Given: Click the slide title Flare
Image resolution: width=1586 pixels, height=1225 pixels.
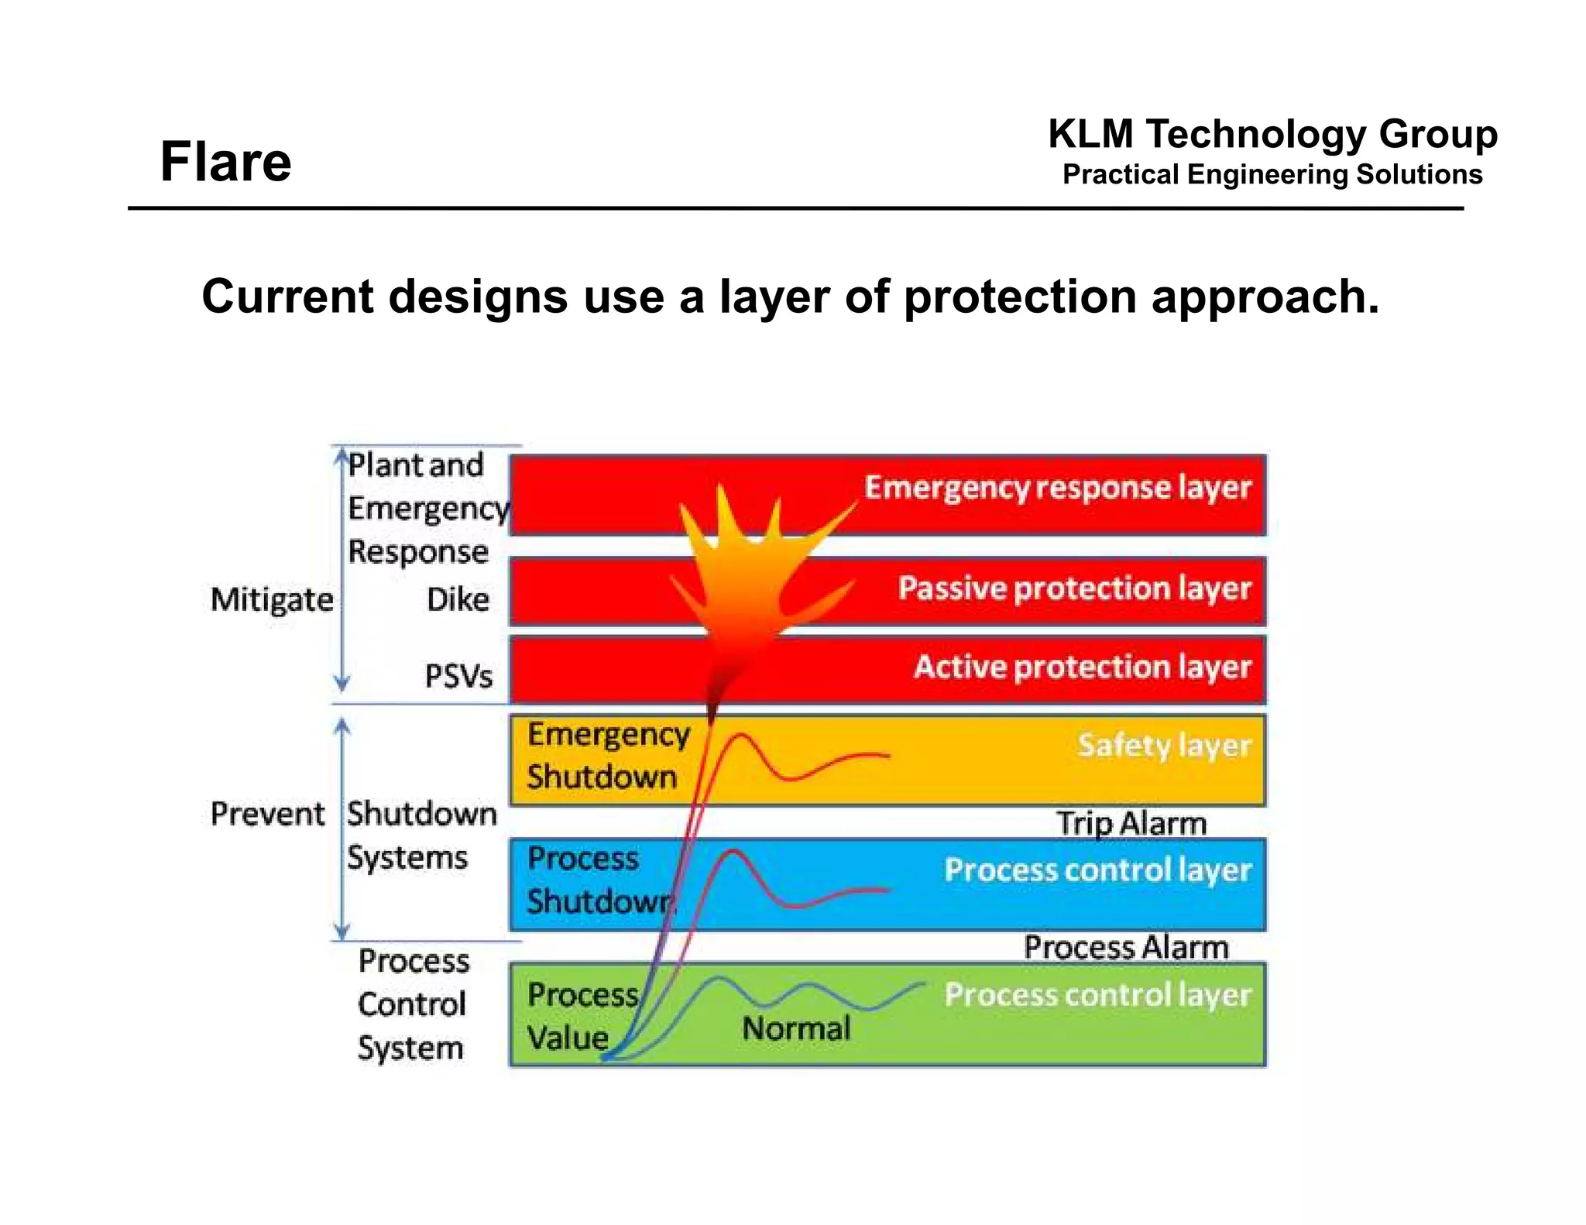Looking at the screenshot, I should [225, 162].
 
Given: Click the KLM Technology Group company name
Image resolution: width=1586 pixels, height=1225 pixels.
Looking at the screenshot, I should [1272, 134].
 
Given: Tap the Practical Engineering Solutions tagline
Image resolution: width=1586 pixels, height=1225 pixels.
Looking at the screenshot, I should [1272, 175].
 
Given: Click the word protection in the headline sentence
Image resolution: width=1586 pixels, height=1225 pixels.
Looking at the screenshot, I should [1020, 297].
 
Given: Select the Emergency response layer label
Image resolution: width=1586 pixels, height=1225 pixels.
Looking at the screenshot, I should [1057, 488].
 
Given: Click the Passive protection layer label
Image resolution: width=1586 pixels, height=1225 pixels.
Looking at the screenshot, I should [1074, 588].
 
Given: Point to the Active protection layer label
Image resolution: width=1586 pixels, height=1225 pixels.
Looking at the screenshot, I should [1082, 667].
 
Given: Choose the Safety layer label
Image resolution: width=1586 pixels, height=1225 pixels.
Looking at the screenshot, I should [1164, 746].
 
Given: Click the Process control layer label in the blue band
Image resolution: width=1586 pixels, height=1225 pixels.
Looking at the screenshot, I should [1097, 870].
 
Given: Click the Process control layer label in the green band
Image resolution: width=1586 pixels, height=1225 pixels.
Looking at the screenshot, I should [1097, 995].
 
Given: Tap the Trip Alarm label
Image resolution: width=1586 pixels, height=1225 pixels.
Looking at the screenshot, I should [1131, 823].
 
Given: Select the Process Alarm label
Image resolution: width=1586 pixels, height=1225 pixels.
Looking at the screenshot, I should [1126, 948].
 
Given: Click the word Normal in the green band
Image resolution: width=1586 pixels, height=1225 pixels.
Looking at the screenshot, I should [796, 1029].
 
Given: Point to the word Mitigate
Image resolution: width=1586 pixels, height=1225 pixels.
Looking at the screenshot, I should [272, 600].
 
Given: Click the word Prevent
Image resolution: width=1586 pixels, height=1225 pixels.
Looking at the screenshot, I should [267, 815].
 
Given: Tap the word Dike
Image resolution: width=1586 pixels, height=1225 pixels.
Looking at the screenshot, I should [458, 600].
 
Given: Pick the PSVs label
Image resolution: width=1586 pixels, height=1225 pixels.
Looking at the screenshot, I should [458, 677].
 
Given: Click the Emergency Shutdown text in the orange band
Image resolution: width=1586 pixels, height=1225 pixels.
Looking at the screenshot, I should [607, 756].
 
